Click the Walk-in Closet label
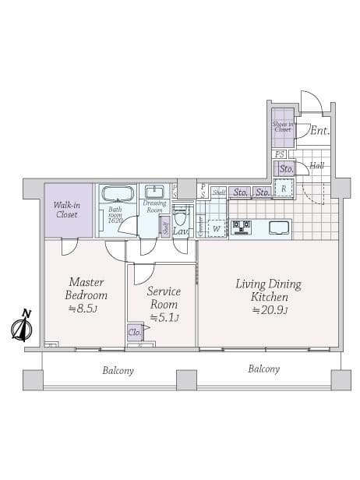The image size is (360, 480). [65, 209]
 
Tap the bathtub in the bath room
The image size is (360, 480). [118, 195]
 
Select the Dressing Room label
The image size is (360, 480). [155, 206]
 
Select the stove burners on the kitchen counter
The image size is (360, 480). [239, 228]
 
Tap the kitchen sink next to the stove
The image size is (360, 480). [278, 228]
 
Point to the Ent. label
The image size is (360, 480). [319, 131]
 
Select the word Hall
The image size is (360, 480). [316, 165]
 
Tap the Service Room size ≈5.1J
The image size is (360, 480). [164, 317]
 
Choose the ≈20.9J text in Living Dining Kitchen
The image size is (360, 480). [268, 310]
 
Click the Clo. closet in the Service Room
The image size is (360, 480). [134, 332]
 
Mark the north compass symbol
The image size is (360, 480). [21, 326]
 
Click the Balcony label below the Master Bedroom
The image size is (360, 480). [118, 371]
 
